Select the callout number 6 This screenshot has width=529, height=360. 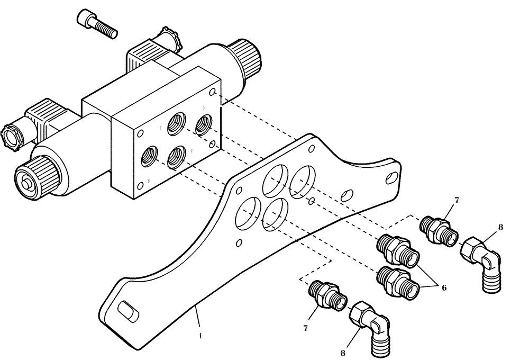[x=444, y=287]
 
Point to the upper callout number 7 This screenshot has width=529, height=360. [x=457, y=200]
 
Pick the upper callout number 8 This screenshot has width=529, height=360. [x=500, y=228]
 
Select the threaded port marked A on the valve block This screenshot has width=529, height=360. [x=204, y=124]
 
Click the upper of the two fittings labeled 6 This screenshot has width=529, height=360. [x=398, y=249]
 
